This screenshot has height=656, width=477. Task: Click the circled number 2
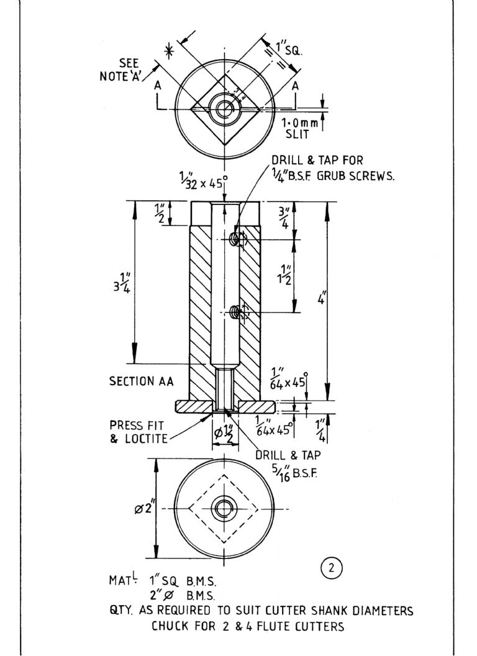(332, 568)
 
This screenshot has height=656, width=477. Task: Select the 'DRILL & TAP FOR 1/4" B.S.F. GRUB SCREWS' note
(333, 167)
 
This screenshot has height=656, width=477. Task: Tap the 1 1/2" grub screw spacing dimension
(286, 275)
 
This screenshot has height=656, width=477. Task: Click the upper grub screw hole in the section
(237, 239)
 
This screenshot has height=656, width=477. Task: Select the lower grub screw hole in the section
(237, 311)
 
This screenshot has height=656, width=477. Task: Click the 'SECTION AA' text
(141, 381)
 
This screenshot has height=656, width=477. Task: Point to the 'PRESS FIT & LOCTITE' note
(138, 432)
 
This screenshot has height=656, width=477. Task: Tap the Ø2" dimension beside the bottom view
(144, 509)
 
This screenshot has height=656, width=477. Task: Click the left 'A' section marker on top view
(158, 85)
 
